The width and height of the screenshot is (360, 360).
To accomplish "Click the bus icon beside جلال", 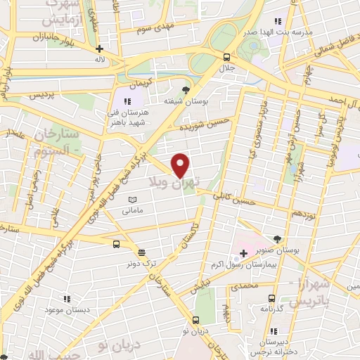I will coord(226,58).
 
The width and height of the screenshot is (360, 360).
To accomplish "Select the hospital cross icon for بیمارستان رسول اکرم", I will coord(243,251).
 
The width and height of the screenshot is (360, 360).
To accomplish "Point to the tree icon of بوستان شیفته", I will coord(186,90).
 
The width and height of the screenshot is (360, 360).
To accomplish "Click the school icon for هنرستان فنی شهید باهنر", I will coord(128,101).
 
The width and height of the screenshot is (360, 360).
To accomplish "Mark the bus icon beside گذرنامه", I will coord(253,296).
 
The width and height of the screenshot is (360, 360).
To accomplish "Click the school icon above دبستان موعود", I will coord(65,298).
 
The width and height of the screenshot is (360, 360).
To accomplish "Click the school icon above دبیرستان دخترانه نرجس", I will coord(271,332).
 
